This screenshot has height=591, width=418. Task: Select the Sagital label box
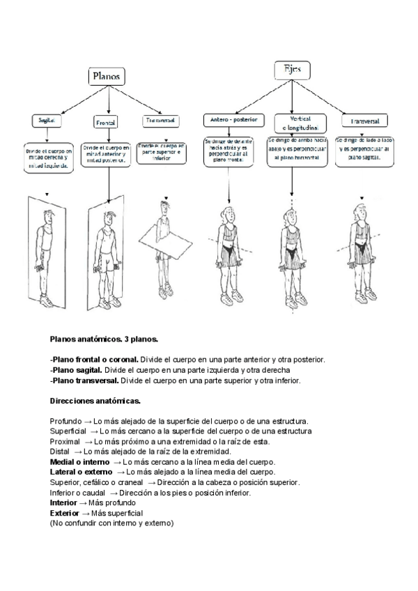[x=47, y=121]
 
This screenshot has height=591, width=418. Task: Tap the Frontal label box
[x=105, y=123]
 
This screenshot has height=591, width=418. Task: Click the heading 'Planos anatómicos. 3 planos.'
[x=104, y=339]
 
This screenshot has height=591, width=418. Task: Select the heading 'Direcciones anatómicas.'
[x=95, y=401]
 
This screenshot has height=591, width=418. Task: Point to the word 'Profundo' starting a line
[x=65, y=422]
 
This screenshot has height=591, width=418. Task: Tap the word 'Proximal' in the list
[x=65, y=442]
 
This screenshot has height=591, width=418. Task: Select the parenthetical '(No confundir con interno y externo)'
[x=111, y=523]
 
